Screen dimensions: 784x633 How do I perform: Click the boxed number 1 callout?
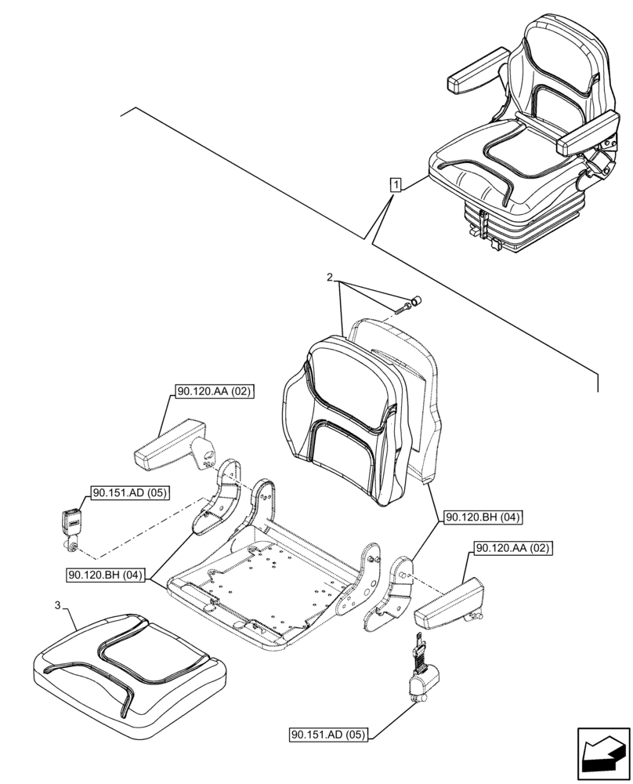[x=397, y=186]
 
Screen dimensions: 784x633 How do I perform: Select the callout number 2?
[x=331, y=278]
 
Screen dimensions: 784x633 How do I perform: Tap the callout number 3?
[x=58, y=604]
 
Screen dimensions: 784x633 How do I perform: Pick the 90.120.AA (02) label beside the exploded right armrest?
[x=512, y=548]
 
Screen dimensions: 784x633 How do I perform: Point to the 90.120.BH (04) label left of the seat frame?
[x=107, y=575]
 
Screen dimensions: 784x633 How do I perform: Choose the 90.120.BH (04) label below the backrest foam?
[x=483, y=517]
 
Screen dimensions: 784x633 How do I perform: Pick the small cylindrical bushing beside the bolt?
[x=416, y=300]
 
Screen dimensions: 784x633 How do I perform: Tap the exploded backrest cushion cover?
[x=345, y=416]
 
